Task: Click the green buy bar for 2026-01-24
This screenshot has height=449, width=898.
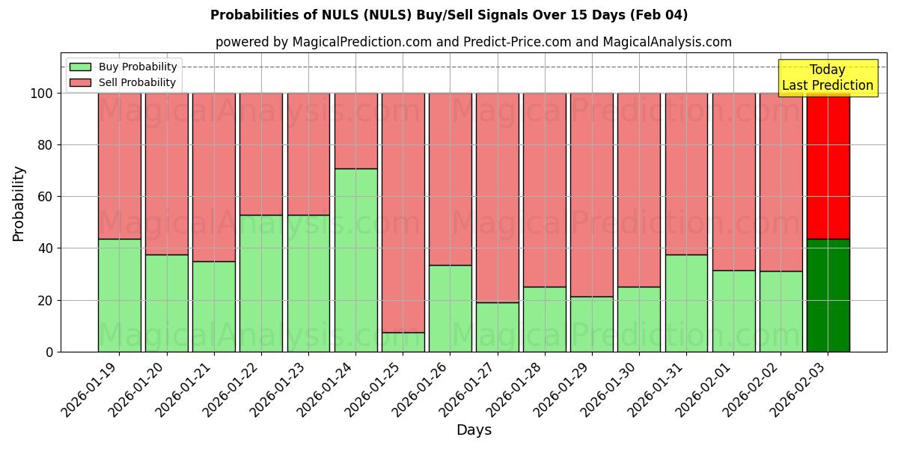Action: click(x=355, y=260)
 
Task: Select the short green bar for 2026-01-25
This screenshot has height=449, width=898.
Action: click(x=403, y=342)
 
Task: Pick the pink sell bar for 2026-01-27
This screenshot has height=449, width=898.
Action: click(x=497, y=198)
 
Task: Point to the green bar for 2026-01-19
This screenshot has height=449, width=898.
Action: click(x=119, y=295)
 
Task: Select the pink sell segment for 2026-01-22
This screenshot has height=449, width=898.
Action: click(x=261, y=154)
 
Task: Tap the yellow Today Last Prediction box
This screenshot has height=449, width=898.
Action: click(x=827, y=78)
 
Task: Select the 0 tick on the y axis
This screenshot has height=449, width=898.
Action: click(x=49, y=352)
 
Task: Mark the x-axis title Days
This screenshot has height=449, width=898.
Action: click(x=474, y=430)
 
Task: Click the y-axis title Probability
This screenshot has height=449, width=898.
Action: click(x=19, y=204)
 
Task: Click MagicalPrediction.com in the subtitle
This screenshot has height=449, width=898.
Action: click(x=362, y=42)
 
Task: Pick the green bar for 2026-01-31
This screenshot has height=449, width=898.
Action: click(x=686, y=302)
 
